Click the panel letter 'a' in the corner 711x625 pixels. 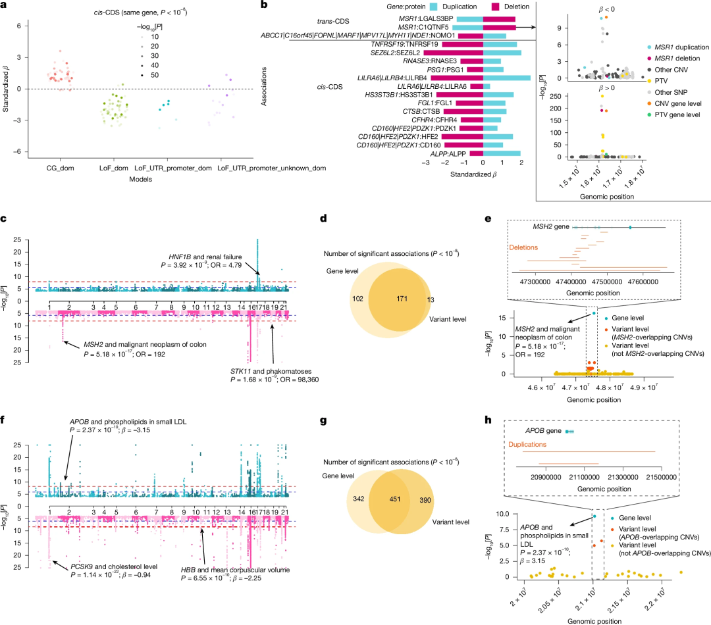click(5, 7)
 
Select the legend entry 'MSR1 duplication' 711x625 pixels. click(676, 47)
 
